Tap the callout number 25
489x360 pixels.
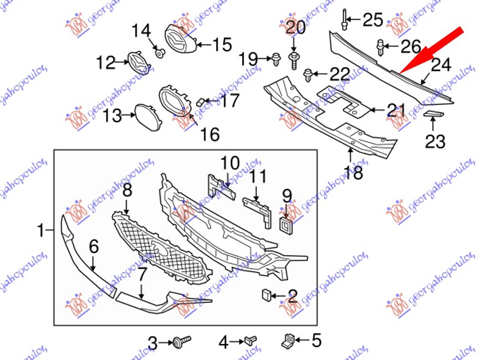click(x=373, y=20)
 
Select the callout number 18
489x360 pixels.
click(x=353, y=172)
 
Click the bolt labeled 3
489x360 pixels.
click(x=182, y=340)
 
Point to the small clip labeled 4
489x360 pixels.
click(x=251, y=340)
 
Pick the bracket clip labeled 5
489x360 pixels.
click(x=288, y=340)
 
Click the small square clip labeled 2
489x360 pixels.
click(x=267, y=295)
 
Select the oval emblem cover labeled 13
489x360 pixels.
click(x=148, y=117)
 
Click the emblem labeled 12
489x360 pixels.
click(x=139, y=62)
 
